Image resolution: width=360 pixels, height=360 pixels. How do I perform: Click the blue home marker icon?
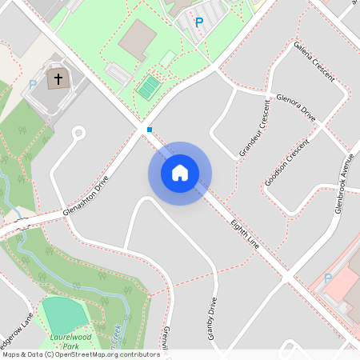click(180, 173)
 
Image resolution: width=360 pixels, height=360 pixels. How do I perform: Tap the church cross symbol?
click(58, 80)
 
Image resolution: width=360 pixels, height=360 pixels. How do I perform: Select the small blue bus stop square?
click(149, 129)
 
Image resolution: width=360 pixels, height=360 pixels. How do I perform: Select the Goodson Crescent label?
click(286, 165)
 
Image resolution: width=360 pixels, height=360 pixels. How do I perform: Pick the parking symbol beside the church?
click(33, 84)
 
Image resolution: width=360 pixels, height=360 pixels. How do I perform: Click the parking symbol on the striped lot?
click(198, 22)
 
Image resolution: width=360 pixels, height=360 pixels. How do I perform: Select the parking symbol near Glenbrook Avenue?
click(327, 278)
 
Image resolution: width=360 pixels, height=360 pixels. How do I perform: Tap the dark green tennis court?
click(147, 86)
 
